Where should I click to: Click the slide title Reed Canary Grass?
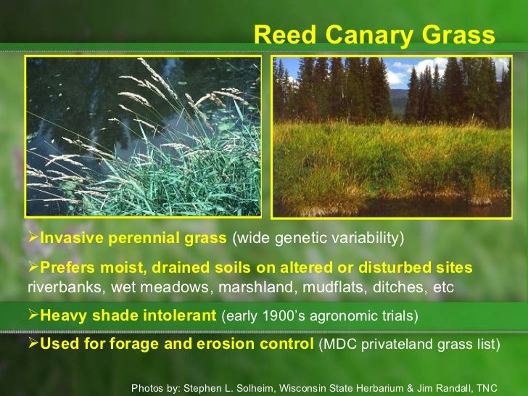click(x=374, y=35)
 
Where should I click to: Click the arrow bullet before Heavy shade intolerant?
click(x=33, y=316)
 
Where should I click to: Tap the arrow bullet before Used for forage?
click(x=33, y=343)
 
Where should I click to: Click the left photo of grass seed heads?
click(x=144, y=136)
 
